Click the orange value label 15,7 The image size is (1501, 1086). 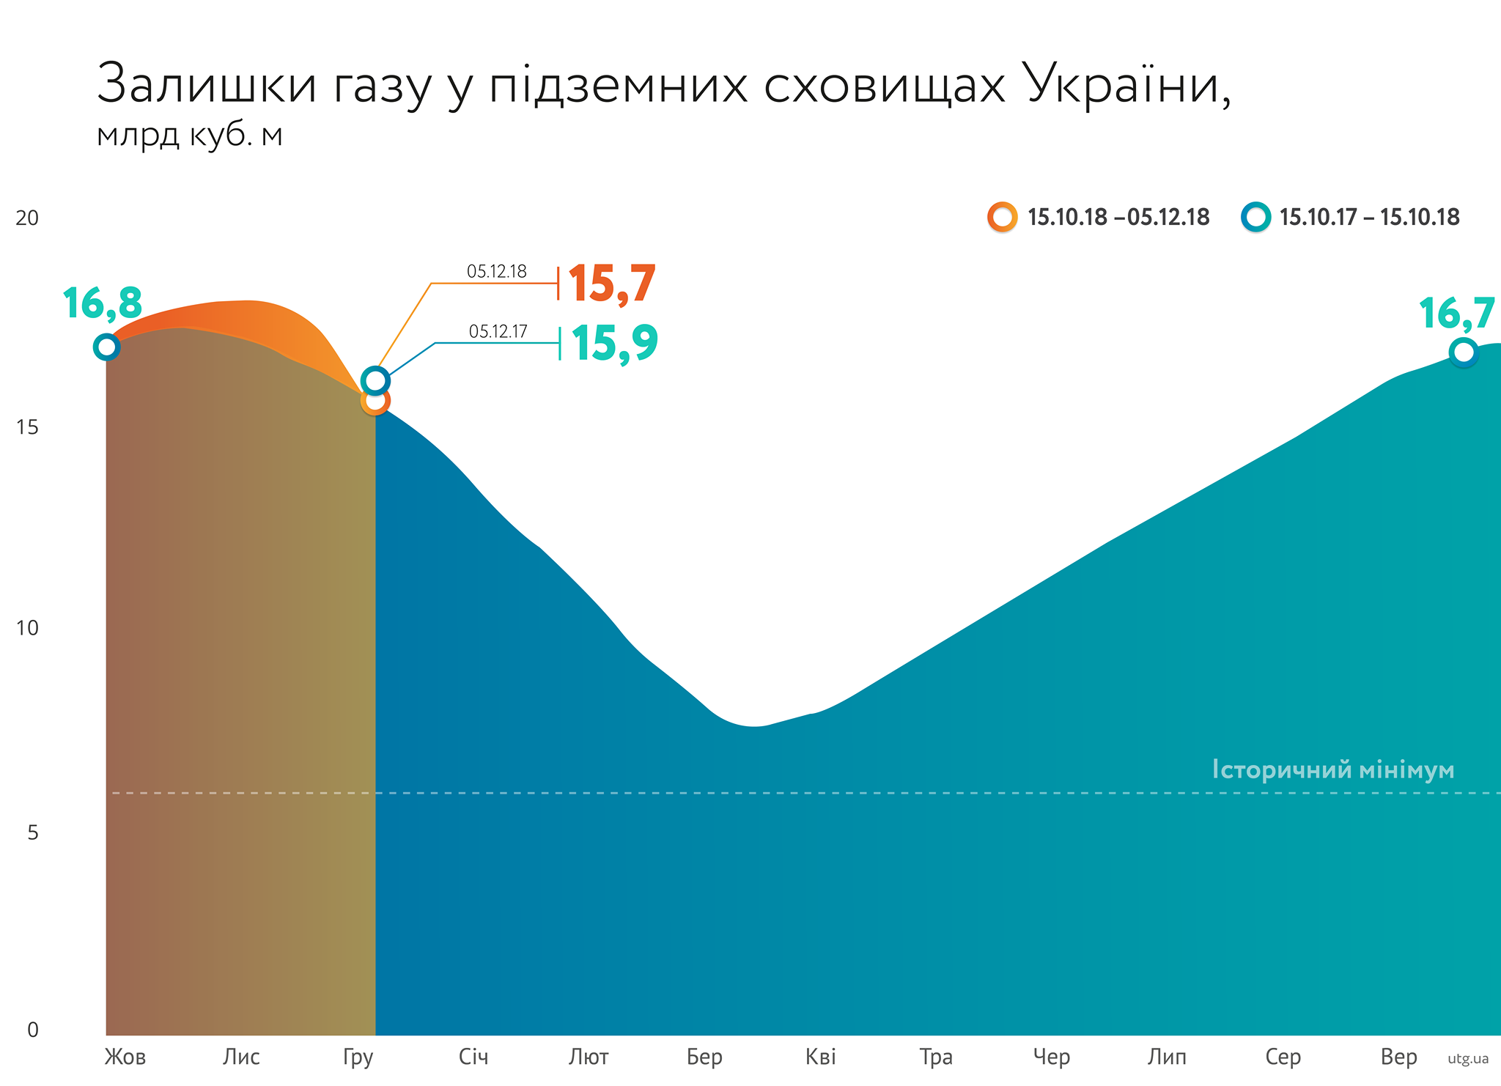[611, 284]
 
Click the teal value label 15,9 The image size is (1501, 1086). [614, 343]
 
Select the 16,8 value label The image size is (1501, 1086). [102, 303]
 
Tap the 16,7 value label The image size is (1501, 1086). [1456, 314]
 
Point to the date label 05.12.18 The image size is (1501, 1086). [496, 272]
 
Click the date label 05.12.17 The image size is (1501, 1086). [498, 332]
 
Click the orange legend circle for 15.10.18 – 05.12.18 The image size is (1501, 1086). [1002, 218]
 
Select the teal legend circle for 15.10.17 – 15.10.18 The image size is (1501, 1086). [1255, 218]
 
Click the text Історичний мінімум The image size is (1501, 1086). [1332, 770]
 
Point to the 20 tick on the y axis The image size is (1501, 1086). [27, 218]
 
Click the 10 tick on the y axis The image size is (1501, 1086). [27, 628]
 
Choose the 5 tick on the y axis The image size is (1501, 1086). [32, 832]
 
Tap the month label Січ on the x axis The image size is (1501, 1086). [473, 1057]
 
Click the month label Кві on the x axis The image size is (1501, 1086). [820, 1057]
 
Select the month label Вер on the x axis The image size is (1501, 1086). [1398, 1057]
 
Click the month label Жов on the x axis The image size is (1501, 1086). [125, 1057]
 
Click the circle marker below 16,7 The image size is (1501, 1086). [1463, 352]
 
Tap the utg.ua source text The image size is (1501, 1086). [1468, 1059]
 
